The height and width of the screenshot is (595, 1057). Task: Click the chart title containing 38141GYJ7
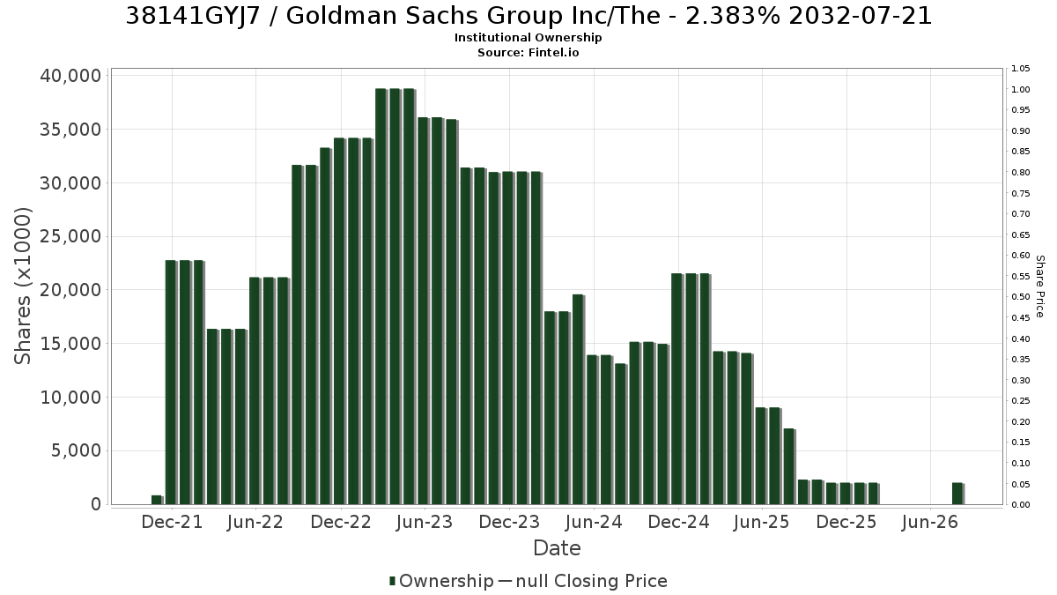point(528,16)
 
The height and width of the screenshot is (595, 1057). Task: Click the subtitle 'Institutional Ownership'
point(528,38)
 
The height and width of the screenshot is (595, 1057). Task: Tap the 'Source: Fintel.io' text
point(528,52)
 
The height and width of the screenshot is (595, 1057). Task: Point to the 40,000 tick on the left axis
point(70,76)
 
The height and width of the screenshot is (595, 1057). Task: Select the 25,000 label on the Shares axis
point(70,236)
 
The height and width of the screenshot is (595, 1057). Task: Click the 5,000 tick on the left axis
point(76,450)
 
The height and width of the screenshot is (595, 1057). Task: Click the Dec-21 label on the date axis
point(172,522)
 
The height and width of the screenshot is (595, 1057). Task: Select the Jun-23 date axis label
point(425,522)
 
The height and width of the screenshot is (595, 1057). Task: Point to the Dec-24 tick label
point(678,522)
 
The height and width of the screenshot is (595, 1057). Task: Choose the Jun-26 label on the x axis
point(929,522)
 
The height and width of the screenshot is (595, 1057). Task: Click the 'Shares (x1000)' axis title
point(22,286)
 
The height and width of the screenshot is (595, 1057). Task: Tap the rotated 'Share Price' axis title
point(1039,286)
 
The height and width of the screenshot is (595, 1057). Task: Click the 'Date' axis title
point(557,548)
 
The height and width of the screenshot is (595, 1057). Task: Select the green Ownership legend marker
point(392,581)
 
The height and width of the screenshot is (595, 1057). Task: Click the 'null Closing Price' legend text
point(592,581)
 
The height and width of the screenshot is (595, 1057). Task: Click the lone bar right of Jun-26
point(957,494)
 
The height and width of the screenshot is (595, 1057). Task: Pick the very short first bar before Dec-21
point(157,500)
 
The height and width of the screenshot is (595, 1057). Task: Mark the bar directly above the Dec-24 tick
point(676,389)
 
